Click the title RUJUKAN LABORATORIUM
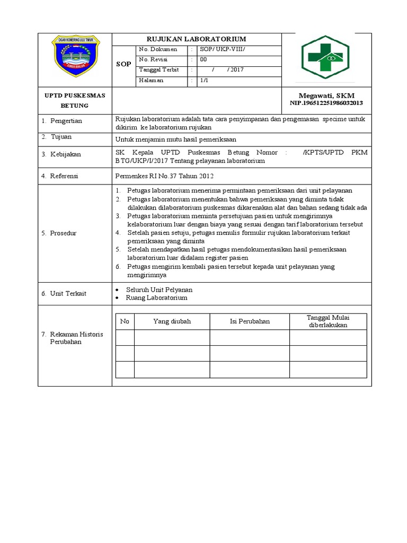pyautogui.click(x=196, y=39)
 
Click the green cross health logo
pyautogui.click(x=325, y=57)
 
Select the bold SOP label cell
pyautogui.click(x=123, y=64)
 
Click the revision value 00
pyautogui.click(x=203, y=60)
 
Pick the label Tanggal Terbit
pyautogui.click(x=159, y=70)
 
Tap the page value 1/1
pyautogui.click(x=204, y=81)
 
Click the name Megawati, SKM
pyautogui.click(x=326, y=95)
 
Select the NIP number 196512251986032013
pyautogui.click(x=326, y=103)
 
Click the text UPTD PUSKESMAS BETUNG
pyautogui.click(x=74, y=100)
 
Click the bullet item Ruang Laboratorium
pyautogui.click(x=156, y=298)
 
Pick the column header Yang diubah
pyautogui.click(x=172, y=321)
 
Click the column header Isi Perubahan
pyautogui.click(x=250, y=321)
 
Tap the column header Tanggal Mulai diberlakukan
pyautogui.click(x=328, y=321)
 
